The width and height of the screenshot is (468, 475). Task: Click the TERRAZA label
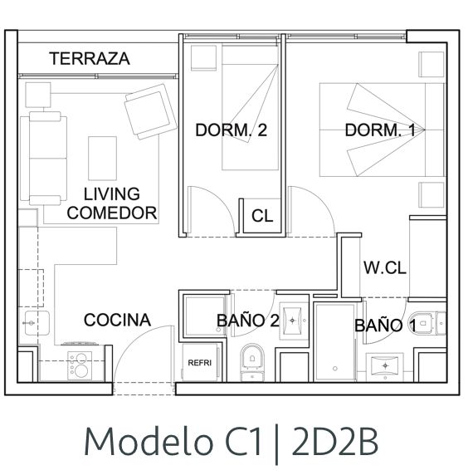click(x=90, y=58)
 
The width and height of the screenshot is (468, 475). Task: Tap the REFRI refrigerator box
click(x=200, y=362)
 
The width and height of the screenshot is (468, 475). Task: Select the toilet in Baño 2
click(x=252, y=362)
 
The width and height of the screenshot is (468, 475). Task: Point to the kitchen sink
click(x=37, y=323)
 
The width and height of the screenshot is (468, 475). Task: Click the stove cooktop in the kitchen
click(x=80, y=365)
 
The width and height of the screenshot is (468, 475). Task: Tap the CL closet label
click(x=262, y=216)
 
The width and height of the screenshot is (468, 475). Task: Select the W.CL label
click(x=385, y=267)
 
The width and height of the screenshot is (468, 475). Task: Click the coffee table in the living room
click(x=102, y=159)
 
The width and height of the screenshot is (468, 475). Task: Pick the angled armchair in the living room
click(x=150, y=111)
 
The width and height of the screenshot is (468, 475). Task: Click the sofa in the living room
click(x=44, y=159)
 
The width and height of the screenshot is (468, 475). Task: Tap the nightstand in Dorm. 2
click(x=204, y=58)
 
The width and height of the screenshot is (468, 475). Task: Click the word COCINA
click(x=117, y=320)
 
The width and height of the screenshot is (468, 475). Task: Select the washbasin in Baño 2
click(x=292, y=321)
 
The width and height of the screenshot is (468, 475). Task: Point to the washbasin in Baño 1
click(x=385, y=366)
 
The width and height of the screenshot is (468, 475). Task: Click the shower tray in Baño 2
click(x=205, y=316)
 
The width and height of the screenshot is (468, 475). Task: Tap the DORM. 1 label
click(x=380, y=130)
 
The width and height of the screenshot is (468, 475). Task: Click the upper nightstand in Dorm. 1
click(x=431, y=64)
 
